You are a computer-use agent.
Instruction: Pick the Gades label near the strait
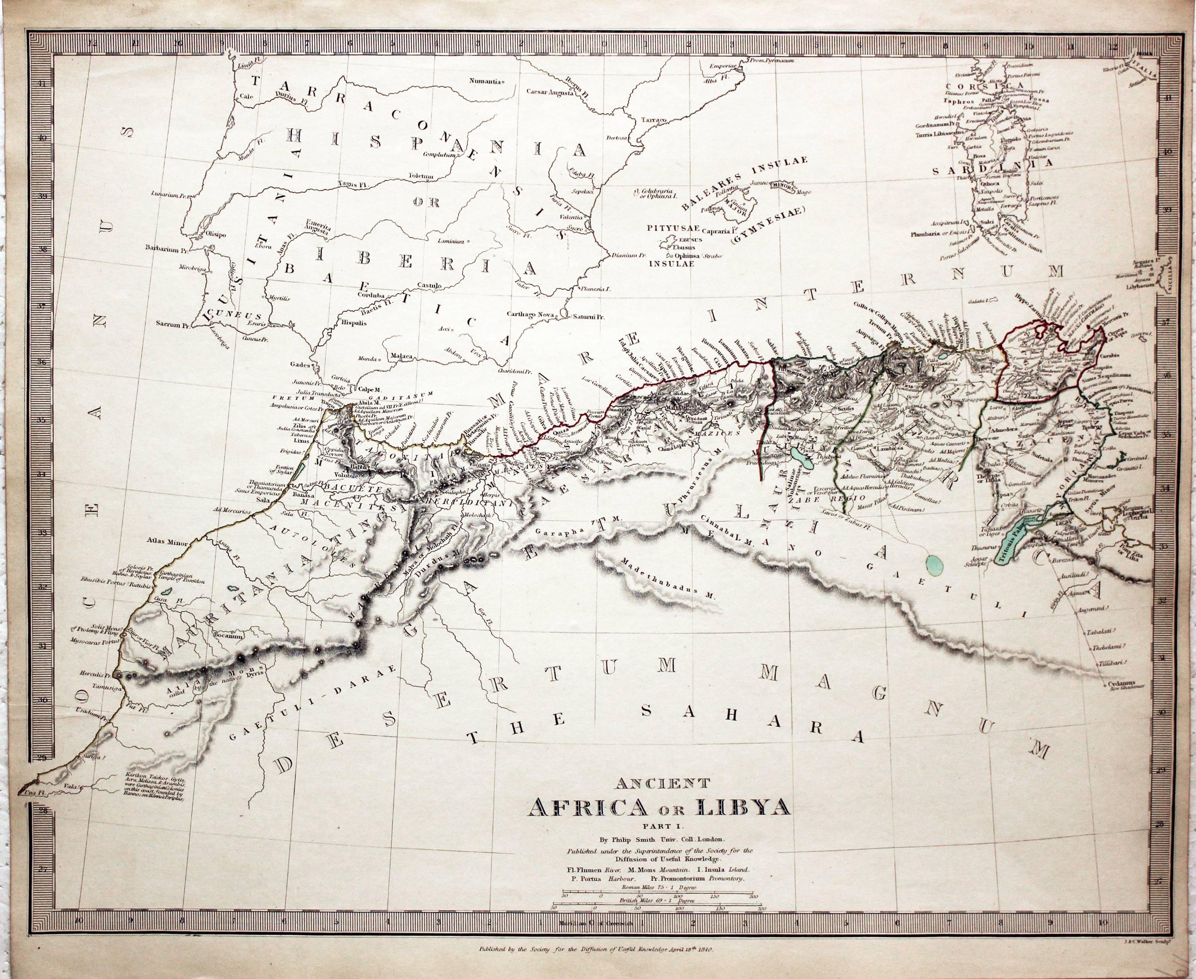(299, 364)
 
